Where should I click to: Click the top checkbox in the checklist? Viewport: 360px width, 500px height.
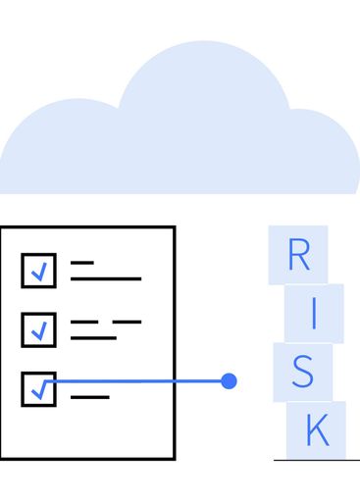pyautogui.click(x=38, y=271)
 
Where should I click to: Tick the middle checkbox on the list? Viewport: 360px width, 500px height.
pyautogui.click(x=38, y=329)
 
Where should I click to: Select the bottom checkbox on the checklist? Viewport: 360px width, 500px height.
pyautogui.click(x=38, y=388)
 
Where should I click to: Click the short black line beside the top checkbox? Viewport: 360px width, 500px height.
pyautogui.click(x=82, y=263)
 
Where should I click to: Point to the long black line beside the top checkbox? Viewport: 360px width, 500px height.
pyautogui.click(x=106, y=278)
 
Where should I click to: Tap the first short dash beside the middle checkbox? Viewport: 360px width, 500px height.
pyautogui.click(x=83, y=322)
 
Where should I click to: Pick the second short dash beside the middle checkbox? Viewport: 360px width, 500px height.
pyautogui.click(x=127, y=322)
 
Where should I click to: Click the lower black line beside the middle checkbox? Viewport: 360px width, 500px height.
pyautogui.click(x=93, y=337)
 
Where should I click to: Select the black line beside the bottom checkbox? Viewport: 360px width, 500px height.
pyautogui.click(x=90, y=397)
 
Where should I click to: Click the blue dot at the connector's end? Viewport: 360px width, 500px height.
pyautogui.click(x=229, y=380)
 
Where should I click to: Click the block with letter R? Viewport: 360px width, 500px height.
pyautogui.click(x=298, y=255)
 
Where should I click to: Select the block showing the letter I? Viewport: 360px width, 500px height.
pyautogui.click(x=314, y=313)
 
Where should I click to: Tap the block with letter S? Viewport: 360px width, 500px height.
pyautogui.click(x=302, y=372)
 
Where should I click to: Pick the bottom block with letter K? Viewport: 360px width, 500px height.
pyautogui.click(x=316, y=429)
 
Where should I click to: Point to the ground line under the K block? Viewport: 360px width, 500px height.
pyautogui.click(x=316, y=460)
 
